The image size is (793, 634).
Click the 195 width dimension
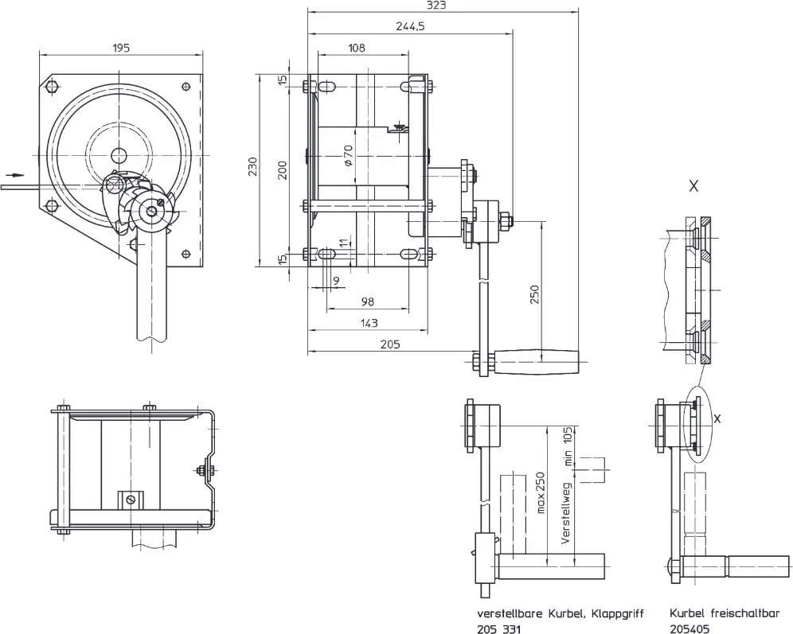coord(119,49)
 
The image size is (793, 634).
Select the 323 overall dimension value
coord(436,6)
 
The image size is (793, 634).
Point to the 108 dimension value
coord(356,48)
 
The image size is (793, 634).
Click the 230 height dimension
coord(252,166)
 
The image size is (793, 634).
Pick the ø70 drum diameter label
coord(348,155)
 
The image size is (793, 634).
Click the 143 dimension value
coord(368,323)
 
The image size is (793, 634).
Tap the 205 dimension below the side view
coord(390,344)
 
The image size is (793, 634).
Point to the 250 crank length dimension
coord(534,294)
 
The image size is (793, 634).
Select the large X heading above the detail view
coord(693,186)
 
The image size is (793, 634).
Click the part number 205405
coord(689,628)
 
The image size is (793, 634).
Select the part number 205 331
coord(498,628)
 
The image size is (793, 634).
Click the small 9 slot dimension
coord(334,280)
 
